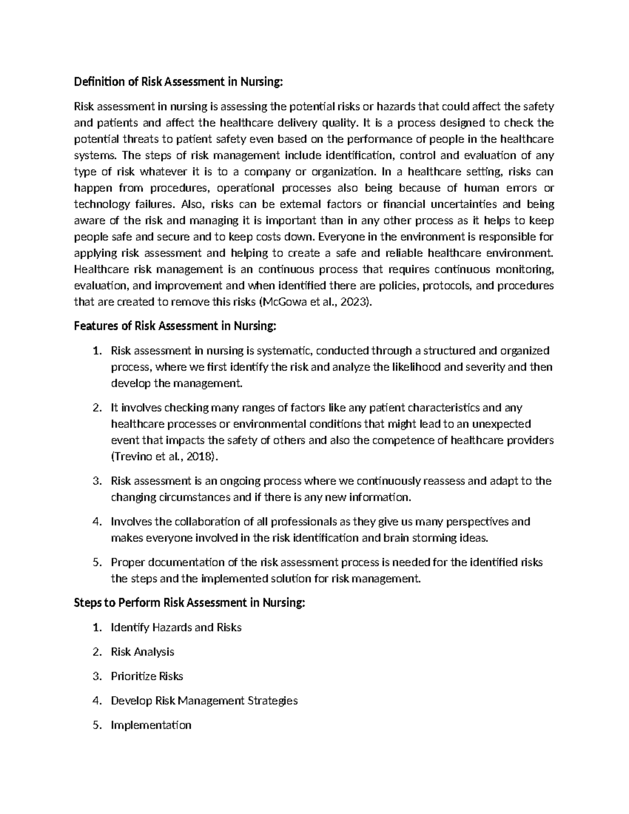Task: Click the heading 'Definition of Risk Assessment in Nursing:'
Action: point(178,82)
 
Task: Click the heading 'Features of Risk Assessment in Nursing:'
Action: point(175,326)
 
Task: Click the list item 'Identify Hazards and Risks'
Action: point(176,627)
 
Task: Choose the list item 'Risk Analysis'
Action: point(143,652)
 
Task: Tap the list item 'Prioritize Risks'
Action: point(147,676)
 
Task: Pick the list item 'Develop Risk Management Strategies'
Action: point(204,701)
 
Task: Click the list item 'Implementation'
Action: point(151,725)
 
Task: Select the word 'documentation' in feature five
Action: point(187,563)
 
